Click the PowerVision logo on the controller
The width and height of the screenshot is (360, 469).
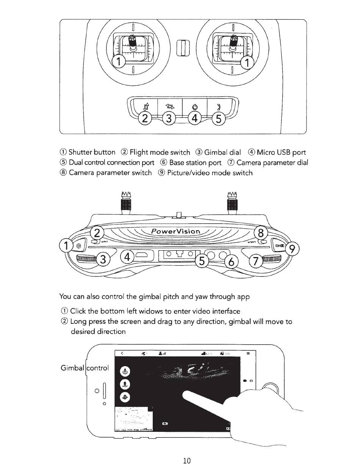(175, 231)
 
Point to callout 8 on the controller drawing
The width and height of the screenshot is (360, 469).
(260, 233)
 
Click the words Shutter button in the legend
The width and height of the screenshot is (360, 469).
(92, 152)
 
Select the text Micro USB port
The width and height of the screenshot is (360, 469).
(281, 152)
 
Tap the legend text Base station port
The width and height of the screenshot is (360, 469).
(195, 163)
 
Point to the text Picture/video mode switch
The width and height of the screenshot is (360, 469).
(210, 173)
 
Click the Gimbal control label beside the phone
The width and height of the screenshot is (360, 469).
(85, 367)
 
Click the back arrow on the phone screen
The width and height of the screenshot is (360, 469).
(122, 353)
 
